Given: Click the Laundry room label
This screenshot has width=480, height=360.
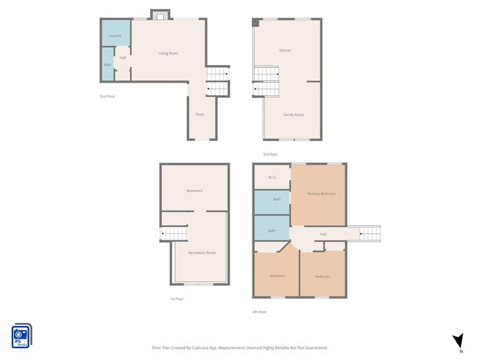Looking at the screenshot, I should point(114,35).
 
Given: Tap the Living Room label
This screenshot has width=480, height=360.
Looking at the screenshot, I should point(168,53).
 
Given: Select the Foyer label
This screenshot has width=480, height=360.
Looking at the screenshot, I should point(199,114).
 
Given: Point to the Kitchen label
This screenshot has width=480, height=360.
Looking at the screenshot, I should point(285,50).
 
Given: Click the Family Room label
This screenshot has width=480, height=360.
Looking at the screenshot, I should point(294,114).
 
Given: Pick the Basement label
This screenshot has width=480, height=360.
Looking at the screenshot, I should point(194,190).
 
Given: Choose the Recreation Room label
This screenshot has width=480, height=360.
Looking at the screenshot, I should point(202,252).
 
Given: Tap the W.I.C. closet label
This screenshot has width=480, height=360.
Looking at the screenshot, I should point(272,177).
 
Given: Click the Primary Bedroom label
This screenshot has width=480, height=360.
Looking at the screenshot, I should point(321,193).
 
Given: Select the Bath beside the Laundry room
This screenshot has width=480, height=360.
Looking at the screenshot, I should point(107,65).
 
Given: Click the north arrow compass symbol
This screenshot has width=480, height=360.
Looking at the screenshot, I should point(458,340).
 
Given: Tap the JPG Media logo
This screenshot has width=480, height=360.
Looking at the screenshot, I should point(21,336).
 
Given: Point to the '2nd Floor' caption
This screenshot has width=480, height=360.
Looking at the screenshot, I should point(108,96).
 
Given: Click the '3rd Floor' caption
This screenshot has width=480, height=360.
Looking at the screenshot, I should point(270,154).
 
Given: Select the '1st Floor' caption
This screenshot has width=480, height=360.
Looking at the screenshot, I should point(176,299).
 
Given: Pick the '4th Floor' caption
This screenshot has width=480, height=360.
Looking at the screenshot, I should point(259,312).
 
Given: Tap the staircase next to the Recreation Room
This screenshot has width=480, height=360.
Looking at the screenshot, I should point(174,235).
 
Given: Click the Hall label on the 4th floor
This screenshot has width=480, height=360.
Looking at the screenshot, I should point(323,235).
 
